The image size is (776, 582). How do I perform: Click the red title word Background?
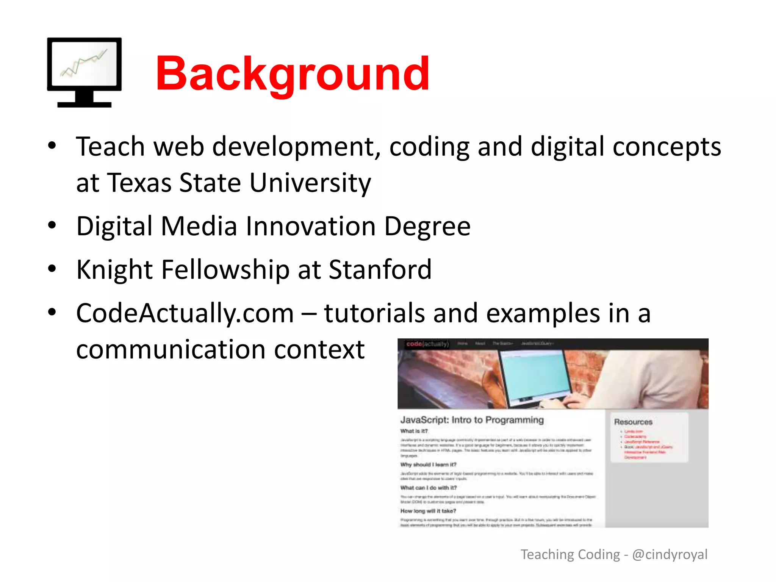pos(293,74)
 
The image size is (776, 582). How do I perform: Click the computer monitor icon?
pos(84,72)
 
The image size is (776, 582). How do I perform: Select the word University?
pos(310,183)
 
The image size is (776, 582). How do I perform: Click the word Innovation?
pos(310,226)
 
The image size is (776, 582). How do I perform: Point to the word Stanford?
pos(380,270)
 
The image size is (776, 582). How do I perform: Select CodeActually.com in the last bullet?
pos(185,313)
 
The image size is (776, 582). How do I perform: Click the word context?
pos(319,349)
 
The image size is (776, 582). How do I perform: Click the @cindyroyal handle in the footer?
pos(670,554)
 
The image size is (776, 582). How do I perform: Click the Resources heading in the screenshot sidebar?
pos(633,422)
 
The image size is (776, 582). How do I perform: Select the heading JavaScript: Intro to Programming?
pos(472,420)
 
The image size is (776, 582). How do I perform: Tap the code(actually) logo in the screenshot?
pos(427,344)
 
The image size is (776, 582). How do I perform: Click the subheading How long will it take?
pos(428,511)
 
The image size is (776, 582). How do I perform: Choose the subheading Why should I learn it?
pos(428,465)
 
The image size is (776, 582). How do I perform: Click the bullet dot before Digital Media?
pos(52,225)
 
